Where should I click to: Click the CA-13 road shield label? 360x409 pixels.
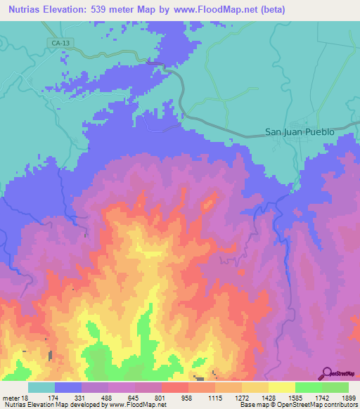click(x=60, y=43)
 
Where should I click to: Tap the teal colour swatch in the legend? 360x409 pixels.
click(x=41, y=387)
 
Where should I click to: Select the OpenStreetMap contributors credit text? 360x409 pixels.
click(x=316, y=405)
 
